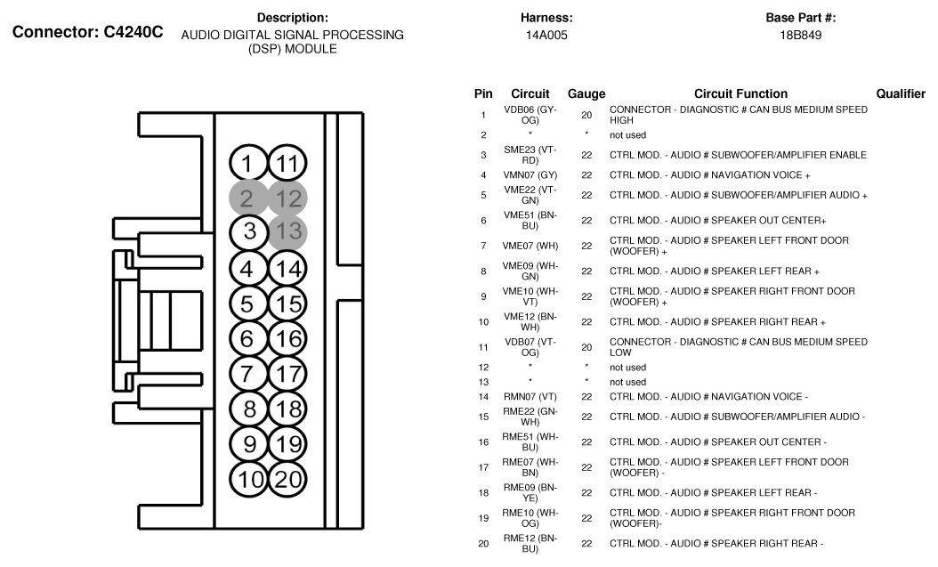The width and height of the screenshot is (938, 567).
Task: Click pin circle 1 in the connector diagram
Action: click(x=248, y=164)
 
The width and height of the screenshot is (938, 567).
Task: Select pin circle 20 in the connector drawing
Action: click(x=287, y=479)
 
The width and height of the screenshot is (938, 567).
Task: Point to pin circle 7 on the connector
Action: click(x=248, y=374)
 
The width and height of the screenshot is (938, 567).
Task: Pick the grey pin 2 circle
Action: click(x=248, y=198)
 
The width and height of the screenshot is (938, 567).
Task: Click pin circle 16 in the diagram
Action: click(x=287, y=339)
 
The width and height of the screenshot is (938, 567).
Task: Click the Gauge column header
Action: click(x=586, y=93)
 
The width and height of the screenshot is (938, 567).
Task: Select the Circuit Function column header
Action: click(x=740, y=93)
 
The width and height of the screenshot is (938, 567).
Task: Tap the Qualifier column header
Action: click(x=901, y=93)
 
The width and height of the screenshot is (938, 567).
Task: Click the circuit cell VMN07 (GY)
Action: click(x=530, y=175)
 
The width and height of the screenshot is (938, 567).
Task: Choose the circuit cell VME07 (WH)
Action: click(x=530, y=246)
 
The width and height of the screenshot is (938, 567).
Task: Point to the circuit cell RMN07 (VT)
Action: click(x=530, y=396)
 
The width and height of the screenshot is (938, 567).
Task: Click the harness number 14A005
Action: click(x=546, y=36)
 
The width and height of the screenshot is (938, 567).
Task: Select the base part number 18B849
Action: click(x=800, y=36)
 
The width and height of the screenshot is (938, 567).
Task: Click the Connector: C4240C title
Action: click(x=87, y=32)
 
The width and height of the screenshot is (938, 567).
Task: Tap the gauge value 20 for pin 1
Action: click(x=586, y=115)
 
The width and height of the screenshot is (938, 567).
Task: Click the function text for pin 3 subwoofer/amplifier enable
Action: click(x=738, y=155)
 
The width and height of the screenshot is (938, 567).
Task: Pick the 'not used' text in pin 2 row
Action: click(x=627, y=135)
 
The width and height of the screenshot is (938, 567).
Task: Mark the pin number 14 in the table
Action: click(x=483, y=396)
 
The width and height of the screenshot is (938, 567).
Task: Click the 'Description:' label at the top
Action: click(x=293, y=18)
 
